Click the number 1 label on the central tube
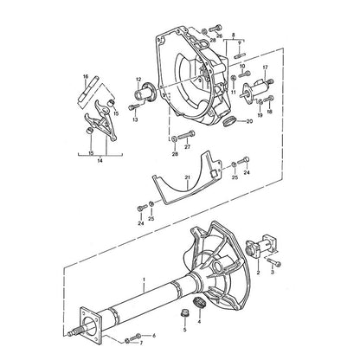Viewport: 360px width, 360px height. click(145, 280)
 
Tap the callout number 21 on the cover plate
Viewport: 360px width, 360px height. click(188, 177)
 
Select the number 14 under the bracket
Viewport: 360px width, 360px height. click(100, 161)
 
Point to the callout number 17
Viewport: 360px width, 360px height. click(265, 67)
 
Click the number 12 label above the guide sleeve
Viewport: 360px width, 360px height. click(138, 79)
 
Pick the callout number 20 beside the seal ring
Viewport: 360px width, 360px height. click(249, 121)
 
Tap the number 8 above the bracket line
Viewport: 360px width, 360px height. click(234, 35)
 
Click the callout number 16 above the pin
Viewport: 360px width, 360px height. click(86, 76)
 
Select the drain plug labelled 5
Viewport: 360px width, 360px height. click(183, 313)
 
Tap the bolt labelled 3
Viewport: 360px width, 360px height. click(274, 261)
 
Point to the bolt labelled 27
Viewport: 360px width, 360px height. click(186, 135)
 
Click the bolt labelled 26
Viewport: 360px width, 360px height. click(215, 29)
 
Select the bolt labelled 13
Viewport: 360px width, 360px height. click(133, 107)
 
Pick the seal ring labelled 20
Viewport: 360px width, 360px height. click(230, 120)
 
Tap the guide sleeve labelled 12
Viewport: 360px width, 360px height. click(145, 92)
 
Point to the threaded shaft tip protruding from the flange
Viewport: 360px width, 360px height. click(74, 331)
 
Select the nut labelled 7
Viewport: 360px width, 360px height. click(127, 341)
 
